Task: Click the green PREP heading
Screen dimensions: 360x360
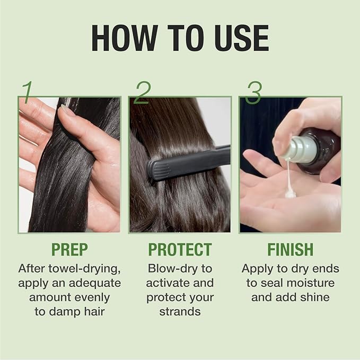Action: coord(69,250)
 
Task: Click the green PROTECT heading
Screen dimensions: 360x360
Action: coord(180,250)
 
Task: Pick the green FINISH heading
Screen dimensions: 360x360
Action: coord(290,250)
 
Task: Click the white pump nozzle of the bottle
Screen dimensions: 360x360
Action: coord(291,152)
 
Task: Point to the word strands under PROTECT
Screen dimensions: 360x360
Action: coord(180,311)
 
